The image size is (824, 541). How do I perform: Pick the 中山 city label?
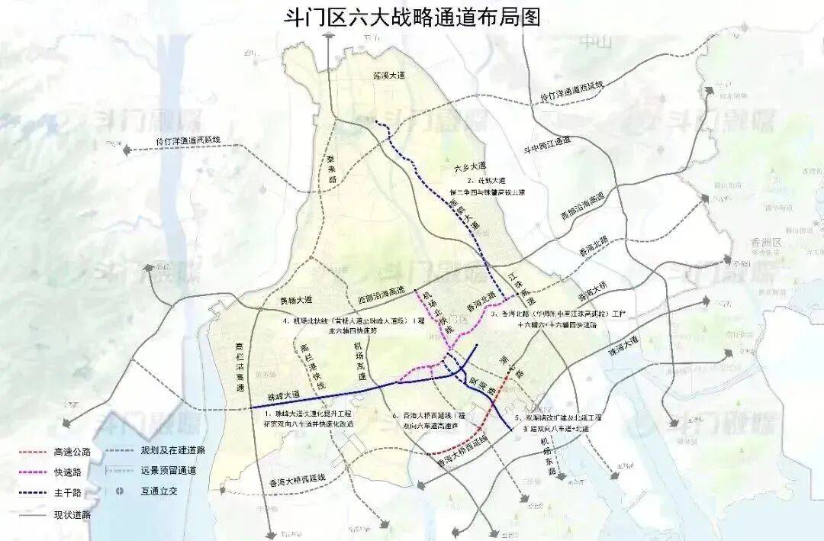pyautogui.click(x=595, y=42)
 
